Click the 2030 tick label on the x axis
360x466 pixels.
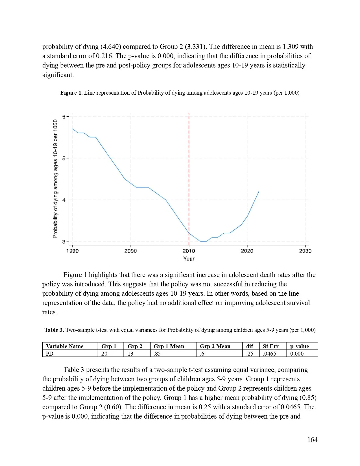pyautogui.click(x=305, y=251)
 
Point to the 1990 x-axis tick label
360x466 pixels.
pyautogui.click(x=72, y=251)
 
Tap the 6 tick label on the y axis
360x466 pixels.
pyautogui.click(x=64, y=117)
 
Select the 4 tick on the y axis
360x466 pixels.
pyautogui.click(x=64, y=200)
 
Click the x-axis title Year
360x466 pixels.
pyautogui.click(x=189, y=259)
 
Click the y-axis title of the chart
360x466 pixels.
pyautogui.click(x=55, y=179)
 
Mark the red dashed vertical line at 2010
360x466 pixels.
pyautogui.click(x=189, y=169)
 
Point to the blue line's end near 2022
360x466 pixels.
pyautogui.click(x=259, y=192)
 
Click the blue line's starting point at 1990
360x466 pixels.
pyautogui.click(x=73, y=129)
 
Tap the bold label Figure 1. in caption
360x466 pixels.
pyautogui.click(x=71, y=93)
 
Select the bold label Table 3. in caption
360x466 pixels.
pyautogui.click(x=54, y=330)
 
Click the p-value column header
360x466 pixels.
pyautogui.click(x=299, y=346)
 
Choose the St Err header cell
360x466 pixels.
pyautogui.click(x=270, y=346)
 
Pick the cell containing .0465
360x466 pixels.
pyautogui.click(x=269, y=354)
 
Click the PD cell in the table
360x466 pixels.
pyautogui.click(x=50, y=354)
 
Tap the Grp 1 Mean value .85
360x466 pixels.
pyautogui.click(x=157, y=354)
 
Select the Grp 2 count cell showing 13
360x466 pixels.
pyautogui.click(x=130, y=354)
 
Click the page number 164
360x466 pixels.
pyautogui.click(x=312, y=440)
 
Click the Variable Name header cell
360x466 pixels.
pyautogui.click(x=65, y=346)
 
